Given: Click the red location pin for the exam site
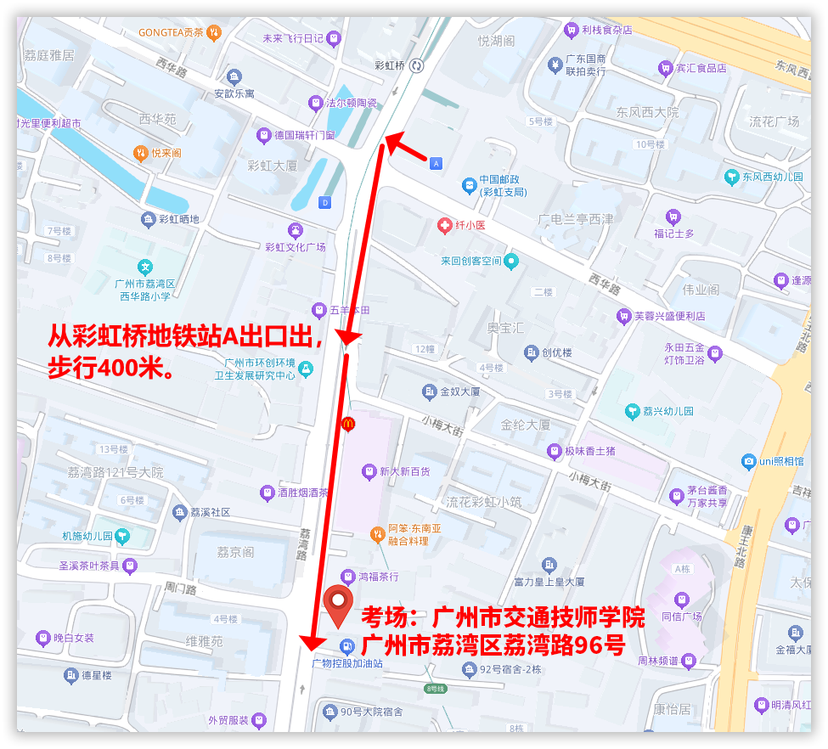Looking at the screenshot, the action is [x=340, y=604].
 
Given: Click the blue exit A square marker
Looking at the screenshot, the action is [x=437, y=163].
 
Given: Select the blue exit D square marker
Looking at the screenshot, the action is [x=324, y=202].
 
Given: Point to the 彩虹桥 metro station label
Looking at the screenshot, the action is [x=390, y=65].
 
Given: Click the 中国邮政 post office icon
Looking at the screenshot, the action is [x=468, y=185].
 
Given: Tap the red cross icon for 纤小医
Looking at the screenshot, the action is [x=444, y=225].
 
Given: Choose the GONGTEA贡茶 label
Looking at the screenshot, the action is [x=172, y=33].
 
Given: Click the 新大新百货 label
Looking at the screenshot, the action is [x=404, y=470].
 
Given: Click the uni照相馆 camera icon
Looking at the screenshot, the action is [x=748, y=462].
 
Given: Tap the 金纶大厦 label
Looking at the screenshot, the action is [x=526, y=425].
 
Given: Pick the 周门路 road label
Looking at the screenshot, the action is [x=180, y=588].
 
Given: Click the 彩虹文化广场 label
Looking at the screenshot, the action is [x=296, y=247].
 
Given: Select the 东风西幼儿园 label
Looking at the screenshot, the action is [x=772, y=177].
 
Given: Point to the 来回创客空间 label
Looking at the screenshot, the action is [x=470, y=261].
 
